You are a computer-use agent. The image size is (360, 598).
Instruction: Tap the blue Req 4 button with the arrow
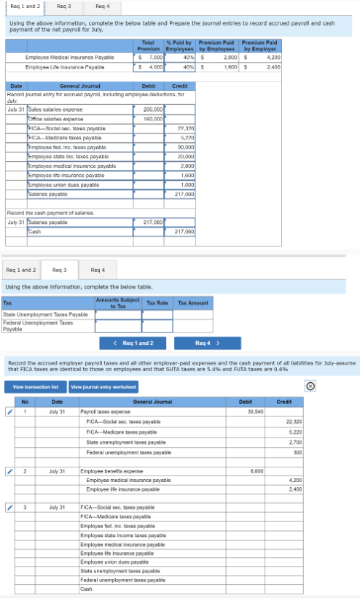[208, 342]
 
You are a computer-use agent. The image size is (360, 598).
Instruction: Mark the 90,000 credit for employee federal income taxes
[184, 147]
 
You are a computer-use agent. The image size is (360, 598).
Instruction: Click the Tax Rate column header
[157, 302]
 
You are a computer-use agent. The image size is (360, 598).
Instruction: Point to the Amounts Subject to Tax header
[117, 302]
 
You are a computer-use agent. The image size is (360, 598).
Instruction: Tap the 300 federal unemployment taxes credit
[297, 452]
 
